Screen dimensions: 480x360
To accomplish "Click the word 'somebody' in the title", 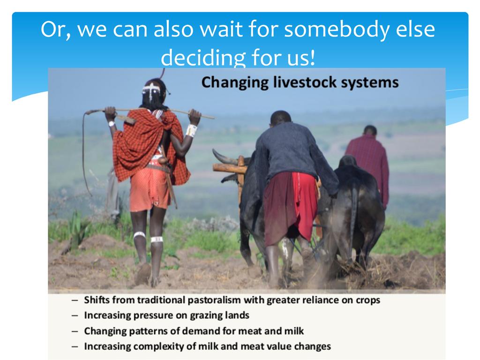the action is coord(337,30).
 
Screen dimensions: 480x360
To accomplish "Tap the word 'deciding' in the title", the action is coord(203,58).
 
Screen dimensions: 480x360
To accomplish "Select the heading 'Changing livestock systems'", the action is coord(300,82).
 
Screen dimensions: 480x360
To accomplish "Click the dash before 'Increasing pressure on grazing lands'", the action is coord(75,315).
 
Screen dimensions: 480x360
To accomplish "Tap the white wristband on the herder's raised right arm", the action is coord(191,130).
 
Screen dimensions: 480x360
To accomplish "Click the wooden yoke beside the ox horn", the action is coord(230,168).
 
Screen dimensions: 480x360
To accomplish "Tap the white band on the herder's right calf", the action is coord(157,239).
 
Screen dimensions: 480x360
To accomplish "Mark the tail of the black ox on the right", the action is coord(354,214).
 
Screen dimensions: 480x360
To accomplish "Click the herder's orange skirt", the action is coord(149,190).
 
